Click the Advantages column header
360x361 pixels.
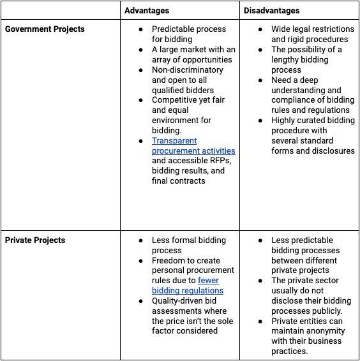[x=147, y=11]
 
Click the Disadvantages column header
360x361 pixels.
[x=271, y=11]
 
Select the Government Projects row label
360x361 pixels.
[x=45, y=29]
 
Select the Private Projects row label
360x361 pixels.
[x=35, y=240]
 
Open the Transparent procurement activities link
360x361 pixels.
[x=193, y=146]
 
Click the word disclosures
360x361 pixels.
[x=331, y=151]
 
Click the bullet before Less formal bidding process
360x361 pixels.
[x=141, y=241]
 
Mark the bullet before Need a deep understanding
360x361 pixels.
[x=260, y=80]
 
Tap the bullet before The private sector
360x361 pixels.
[x=260, y=281]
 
